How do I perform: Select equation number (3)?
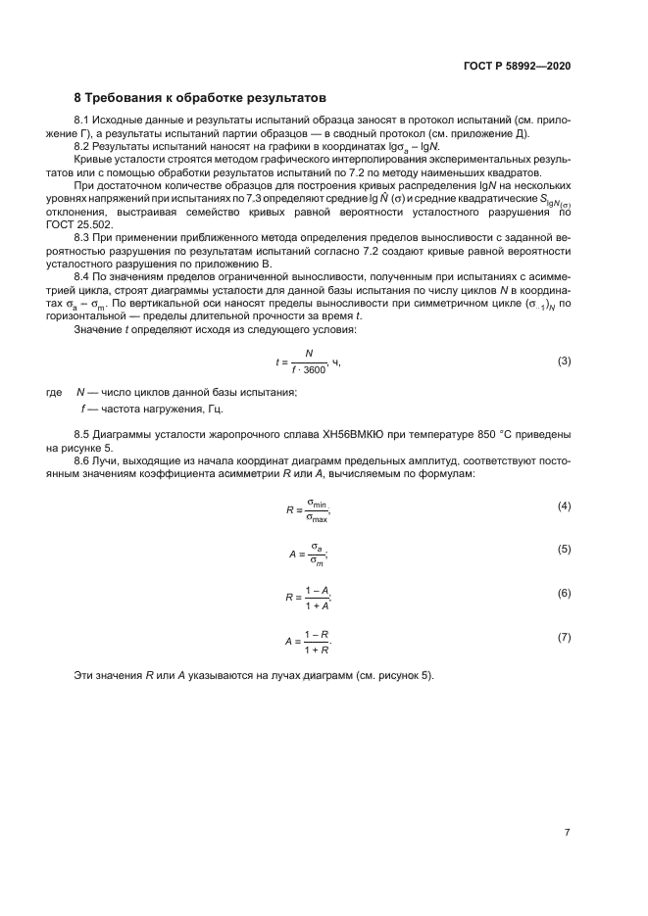tap(564, 362)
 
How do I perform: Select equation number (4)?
tap(564, 506)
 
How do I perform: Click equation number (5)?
tap(564, 550)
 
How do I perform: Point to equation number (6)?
tap(564, 594)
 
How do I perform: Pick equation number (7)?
tap(564, 638)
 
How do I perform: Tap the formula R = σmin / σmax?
tap(308, 508)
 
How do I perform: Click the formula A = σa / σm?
tap(308, 553)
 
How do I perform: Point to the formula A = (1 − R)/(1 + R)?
tap(308, 641)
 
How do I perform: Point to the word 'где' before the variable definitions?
tap(55, 393)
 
